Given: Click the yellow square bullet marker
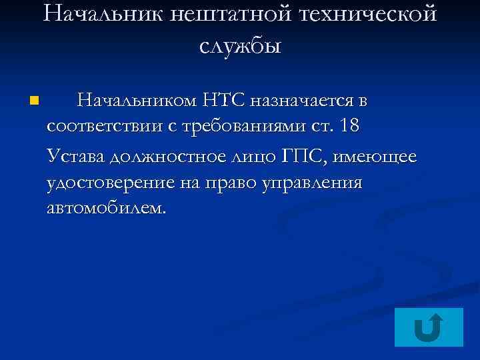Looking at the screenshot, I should (34, 102).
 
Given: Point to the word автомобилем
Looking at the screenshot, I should (107, 209).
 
